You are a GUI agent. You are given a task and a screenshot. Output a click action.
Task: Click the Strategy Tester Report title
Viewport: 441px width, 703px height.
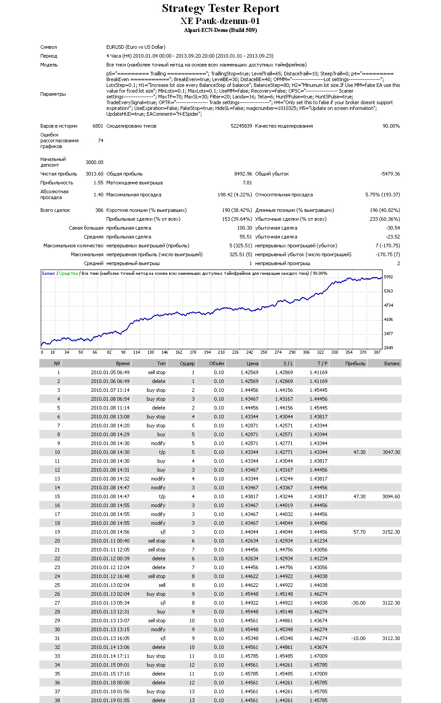pos(220,8)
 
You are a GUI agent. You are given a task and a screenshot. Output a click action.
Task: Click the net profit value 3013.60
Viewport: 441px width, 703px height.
pos(94,174)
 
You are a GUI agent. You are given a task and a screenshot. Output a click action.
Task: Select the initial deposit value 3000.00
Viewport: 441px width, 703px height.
pos(94,162)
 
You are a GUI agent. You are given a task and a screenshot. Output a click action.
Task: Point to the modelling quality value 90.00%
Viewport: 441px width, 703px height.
pos(391,126)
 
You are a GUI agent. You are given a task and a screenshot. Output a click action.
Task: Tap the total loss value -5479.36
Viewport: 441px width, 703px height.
pos(390,174)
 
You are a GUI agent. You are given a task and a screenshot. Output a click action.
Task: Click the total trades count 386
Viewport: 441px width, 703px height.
pos(99,210)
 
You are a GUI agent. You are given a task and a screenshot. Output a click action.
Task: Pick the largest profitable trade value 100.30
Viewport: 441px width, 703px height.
pos(244,228)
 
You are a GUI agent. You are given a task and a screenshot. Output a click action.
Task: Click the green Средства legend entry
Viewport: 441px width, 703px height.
pos(68,273)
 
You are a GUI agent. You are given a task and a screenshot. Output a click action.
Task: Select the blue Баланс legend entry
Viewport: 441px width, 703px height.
pos(49,273)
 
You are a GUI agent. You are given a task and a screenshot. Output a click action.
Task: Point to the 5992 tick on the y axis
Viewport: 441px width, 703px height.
pos(388,277)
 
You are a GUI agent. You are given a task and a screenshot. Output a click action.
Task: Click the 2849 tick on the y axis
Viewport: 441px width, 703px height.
pos(388,348)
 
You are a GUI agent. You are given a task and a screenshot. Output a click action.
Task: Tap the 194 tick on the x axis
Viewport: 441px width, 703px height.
pos(207,352)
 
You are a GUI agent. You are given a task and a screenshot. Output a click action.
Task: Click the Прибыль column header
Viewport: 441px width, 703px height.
pos(356,363)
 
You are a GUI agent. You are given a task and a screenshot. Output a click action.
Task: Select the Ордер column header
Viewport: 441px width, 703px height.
pos(187,363)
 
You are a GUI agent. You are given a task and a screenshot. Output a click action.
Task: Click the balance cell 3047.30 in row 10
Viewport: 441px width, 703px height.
pos(391,452)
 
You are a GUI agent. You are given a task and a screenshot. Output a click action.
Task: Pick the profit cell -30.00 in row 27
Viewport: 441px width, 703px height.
pos(358,603)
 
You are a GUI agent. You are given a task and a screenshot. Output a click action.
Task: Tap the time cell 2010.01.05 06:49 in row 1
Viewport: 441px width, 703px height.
pos(110,372)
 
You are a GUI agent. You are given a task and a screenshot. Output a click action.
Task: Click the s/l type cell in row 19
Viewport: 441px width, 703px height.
pos(162,532)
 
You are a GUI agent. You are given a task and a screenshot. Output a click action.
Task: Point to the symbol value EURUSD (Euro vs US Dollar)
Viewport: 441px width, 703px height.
pos(136,47)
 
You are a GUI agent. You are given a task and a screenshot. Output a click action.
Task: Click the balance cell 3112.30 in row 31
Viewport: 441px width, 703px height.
pos(391,638)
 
